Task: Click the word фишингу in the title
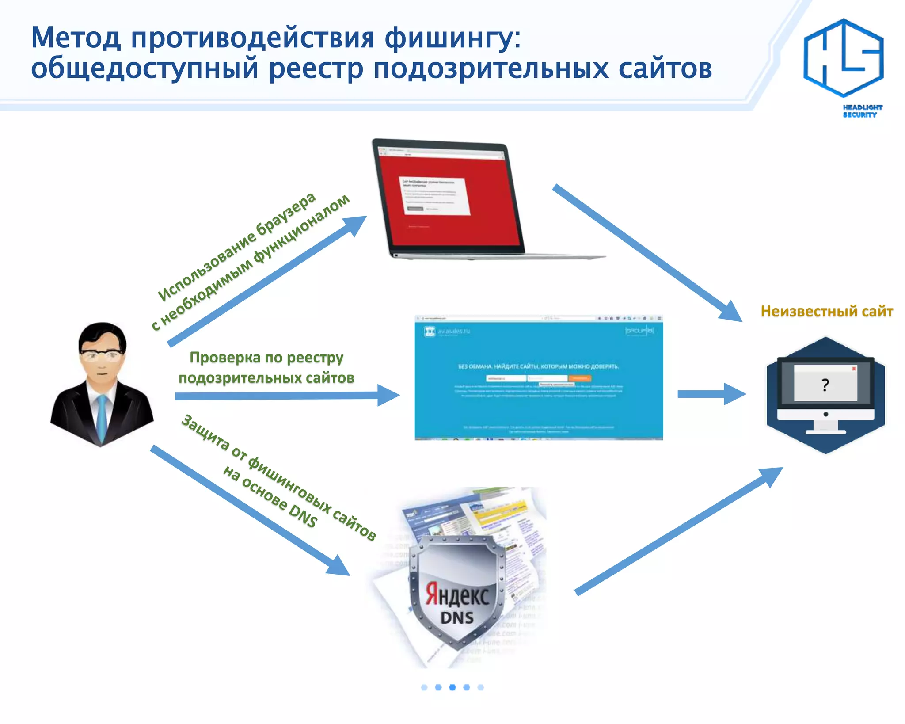click(x=452, y=38)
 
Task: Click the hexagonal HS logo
click(x=843, y=57)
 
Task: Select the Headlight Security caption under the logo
click(x=862, y=111)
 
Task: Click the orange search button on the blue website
click(x=579, y=378)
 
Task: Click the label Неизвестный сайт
click(x=826, y=311)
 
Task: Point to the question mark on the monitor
click(x=825, y=385)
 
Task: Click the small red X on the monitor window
click(x=854, y=368)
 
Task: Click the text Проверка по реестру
click(x=266, y=357)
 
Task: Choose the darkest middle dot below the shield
click(x=452, y=687)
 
